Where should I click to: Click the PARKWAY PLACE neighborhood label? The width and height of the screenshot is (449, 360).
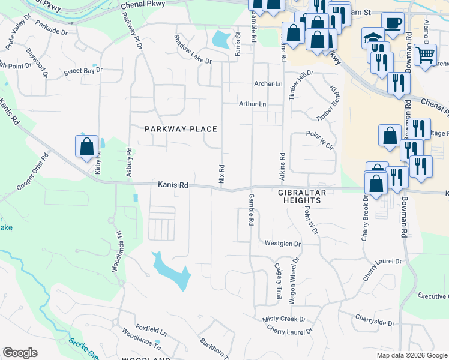(x=181, y=129)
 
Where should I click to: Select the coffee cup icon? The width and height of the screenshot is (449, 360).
(x=393, y=23)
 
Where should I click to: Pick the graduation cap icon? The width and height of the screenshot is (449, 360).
(x=372, y=38)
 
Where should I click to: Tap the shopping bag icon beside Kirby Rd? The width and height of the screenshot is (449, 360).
(x=86, y=146)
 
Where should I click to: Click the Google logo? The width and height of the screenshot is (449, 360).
(x=20, y=353)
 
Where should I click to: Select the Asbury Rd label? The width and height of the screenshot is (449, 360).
(x=128, y=163)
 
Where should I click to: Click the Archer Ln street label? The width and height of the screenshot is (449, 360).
(x=268, y=84)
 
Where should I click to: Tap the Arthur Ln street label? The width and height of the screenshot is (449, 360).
(x=252, y=104)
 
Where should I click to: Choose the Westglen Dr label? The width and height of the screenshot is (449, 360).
(x=282, y=244)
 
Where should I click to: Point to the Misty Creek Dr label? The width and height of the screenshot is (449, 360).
(x=284, y=319)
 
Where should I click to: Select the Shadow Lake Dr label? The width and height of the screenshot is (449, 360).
(x=193, y=50)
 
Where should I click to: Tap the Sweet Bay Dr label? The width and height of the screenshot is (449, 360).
(x=83, y=70)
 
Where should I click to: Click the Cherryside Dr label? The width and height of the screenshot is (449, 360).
(x=374, y=320)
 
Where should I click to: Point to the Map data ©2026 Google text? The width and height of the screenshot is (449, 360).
(x=412, y=355)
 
